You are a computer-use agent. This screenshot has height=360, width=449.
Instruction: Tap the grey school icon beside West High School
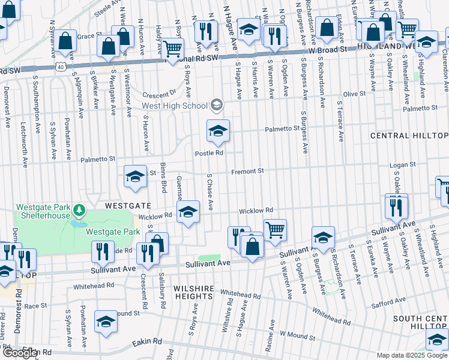(216, 106)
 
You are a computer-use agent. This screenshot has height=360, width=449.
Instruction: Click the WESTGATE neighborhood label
(128, 205)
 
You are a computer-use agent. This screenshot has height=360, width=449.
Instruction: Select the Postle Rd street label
(209, 153)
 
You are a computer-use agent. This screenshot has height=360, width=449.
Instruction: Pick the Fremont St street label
(249, 171)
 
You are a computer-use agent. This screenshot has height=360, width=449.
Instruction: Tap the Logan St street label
(403, 164)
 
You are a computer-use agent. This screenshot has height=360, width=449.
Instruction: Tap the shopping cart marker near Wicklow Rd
(274, 229)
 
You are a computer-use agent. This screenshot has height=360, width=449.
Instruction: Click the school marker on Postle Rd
(218, 131)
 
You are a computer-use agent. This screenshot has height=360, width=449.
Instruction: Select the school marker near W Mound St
(106, 322)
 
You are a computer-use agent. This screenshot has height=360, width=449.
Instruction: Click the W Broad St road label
(329, 50)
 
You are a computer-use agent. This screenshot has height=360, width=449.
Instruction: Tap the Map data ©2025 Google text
(412, 355)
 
